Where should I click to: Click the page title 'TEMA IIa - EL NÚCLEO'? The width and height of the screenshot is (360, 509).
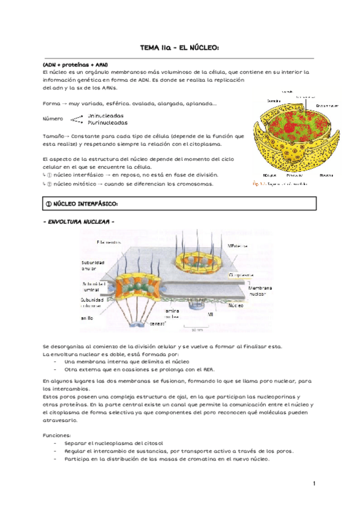click(x=179, y=47)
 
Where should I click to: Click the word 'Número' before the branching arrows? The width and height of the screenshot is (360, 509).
click(x=53, y=119)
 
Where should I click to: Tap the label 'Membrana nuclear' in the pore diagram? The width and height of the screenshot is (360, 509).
click(x=261, y=291)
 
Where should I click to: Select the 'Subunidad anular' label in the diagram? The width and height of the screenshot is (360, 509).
click(x=93, y=266)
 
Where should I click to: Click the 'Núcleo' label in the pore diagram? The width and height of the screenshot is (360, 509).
click(x=235, y=306)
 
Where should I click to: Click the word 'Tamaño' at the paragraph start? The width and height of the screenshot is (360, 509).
click(x=52, y=136)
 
